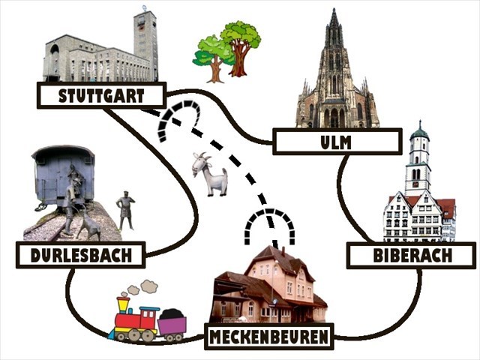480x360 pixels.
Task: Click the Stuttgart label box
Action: point(100,95)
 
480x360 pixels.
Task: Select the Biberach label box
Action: point(412,256)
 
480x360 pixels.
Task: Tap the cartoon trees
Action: point(228,50)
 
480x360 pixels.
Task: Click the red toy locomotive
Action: point(135,319)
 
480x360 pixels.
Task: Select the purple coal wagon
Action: point(172,325)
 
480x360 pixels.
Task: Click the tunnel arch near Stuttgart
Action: point(178,119)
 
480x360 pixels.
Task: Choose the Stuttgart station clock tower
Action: point(145,41)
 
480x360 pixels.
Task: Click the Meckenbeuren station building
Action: point(270,285)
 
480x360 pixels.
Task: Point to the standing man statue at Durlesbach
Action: point(125,211)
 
